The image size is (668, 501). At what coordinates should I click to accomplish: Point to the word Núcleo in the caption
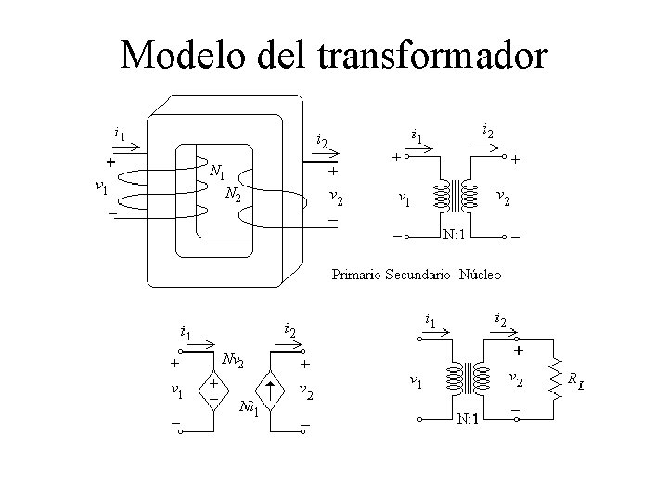[x=480, y=274]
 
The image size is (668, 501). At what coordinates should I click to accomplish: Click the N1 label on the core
[x=217, y=172]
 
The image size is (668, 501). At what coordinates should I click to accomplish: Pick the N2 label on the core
[x=234, y=194]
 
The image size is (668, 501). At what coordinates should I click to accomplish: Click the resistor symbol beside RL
[x=556, y=379]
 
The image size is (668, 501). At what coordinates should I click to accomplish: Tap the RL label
[x=576, y=380]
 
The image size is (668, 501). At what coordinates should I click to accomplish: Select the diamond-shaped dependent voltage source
[x=214, y=388]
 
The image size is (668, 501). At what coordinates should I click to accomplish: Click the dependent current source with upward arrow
[x=269, y=388]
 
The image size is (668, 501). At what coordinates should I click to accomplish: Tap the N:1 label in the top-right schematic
[x=455, y=232]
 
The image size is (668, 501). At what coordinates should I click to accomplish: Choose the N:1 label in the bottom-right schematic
[x=469, y=418]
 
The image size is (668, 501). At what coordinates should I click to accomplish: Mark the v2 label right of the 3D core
[x=337, y=198]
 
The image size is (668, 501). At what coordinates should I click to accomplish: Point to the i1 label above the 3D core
[x=120, y=133]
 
